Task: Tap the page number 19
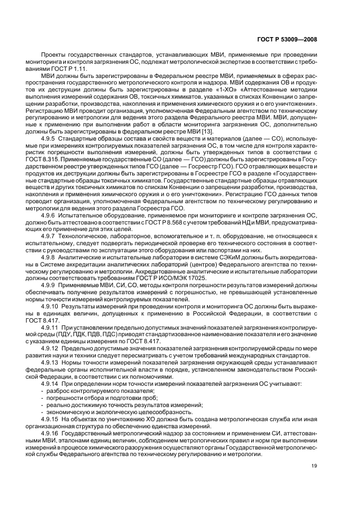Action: click(314, 465)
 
